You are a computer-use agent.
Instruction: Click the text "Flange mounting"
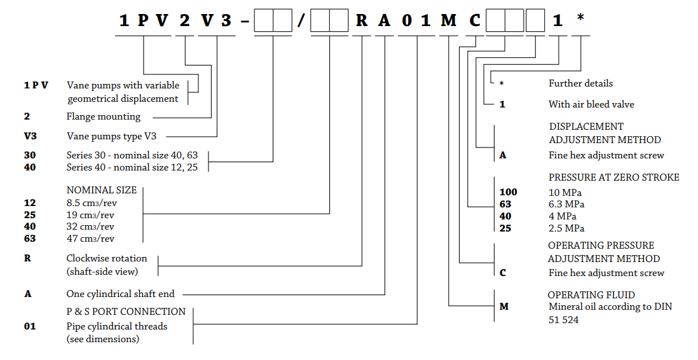tap(103, 117)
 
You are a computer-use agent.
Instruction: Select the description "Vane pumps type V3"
tap(112, 136)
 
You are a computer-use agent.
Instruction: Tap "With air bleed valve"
tap(591, 104)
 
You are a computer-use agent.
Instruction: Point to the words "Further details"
tap(580, 83)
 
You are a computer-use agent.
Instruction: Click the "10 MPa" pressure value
tap(565, 193)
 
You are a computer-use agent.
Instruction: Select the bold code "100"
tap(508, 192)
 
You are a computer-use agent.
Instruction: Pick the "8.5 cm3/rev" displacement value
tap(90, 203)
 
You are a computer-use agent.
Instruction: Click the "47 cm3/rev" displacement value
tap(90, 239)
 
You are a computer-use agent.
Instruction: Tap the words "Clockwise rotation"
tap(106, 258)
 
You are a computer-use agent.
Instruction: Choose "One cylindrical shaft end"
tap(120, 294)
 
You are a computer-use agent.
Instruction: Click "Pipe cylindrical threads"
tap(117, 326)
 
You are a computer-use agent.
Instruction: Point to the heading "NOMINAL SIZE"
tap(100, 190)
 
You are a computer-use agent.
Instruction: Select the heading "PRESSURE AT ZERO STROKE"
tap(613, 177)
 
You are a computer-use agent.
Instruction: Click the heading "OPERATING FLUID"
tap(591, 295)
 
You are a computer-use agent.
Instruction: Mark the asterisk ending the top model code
tap(580, 19)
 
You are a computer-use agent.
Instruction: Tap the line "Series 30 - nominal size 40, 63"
tap(136, 155)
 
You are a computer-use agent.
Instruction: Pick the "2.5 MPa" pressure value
tap(566, 228)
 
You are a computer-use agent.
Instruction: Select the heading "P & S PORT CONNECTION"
tap(126, 312)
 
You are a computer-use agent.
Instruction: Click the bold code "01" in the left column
tap(30, 326)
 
